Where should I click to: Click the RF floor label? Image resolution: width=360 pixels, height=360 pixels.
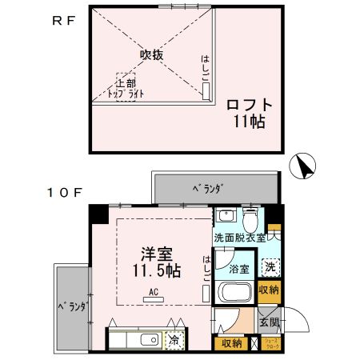pos(63,22)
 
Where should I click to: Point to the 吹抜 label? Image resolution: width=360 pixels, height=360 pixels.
pos(151,55)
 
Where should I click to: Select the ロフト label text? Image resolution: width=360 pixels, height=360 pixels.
pos(249,105)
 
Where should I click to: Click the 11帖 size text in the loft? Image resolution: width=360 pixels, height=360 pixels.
pos(249,122)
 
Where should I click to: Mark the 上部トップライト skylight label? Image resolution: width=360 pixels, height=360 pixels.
pos(125,87)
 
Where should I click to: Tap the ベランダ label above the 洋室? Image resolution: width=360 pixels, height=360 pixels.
pos(207,188)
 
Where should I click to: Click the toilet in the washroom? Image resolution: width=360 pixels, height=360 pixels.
pos(250,218)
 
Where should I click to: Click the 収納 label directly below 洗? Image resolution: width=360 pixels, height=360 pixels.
pos(270,290)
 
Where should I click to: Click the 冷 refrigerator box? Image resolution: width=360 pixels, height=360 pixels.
pos(174,340)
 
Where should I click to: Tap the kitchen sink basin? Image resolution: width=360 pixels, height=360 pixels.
pos(149,340)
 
